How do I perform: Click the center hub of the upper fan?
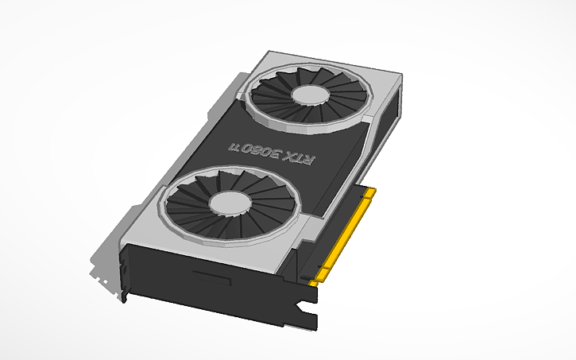pyautogui.click(x=309, y=94)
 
